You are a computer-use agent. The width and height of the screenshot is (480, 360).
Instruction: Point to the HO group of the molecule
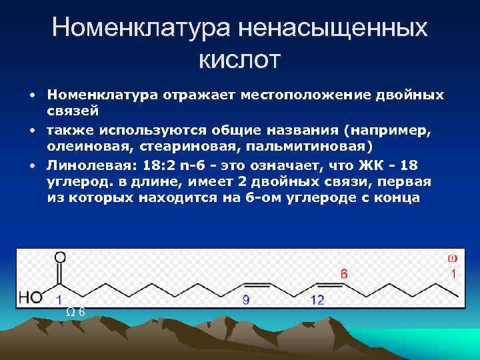coord(30,298)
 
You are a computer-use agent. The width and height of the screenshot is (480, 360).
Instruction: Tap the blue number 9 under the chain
coord(246,301)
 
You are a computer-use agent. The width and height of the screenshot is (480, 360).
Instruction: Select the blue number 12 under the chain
coord(317,301)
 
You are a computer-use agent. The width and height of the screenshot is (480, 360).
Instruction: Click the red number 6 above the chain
coord(344,273)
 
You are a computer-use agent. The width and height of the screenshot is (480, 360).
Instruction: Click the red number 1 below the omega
coord(453,273)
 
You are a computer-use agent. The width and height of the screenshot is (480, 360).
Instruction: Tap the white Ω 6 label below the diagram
coord(75,311)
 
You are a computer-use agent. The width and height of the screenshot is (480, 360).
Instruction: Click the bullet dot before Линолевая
coord(31,164)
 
